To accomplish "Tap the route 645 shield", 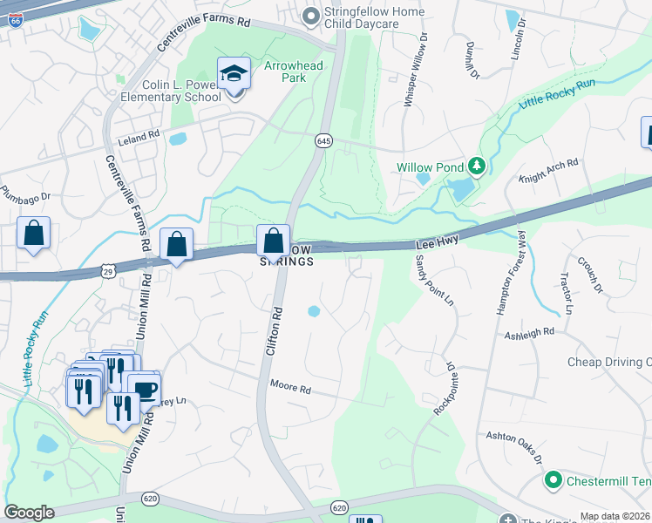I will point(323,140).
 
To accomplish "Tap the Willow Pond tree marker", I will point(476,165).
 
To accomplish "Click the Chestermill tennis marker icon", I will point(552,480).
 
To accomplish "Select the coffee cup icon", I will point(144,388).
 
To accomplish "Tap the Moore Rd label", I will point(290,384).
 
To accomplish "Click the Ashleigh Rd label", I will point(529,332).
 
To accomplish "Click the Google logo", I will point(30,513).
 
